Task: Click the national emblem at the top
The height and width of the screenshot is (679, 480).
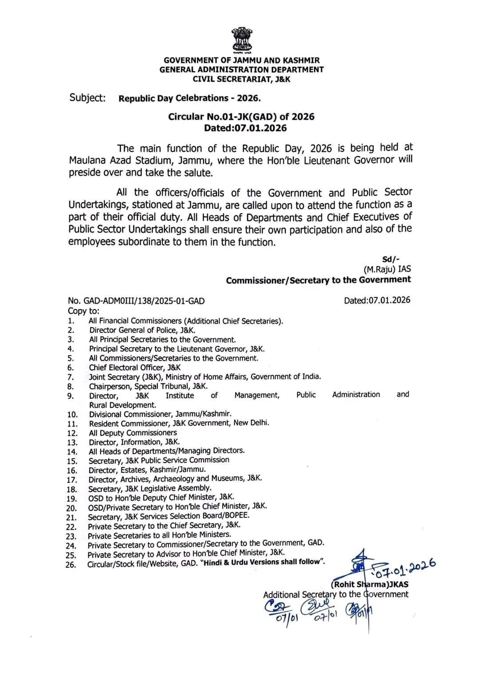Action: click(x=241, y=40)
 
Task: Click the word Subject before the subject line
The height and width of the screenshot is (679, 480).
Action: click(x=88, y=98)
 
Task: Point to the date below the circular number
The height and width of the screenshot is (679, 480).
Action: click(x=245, y=128)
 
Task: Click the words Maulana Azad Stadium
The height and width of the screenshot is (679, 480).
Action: click(x=120, y=161)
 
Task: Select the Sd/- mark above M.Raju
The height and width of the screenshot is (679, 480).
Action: click(x=391, y=260)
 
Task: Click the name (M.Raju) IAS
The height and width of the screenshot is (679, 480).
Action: click(x=387, y=269)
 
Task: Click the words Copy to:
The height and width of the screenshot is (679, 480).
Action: click(x=84, y=311)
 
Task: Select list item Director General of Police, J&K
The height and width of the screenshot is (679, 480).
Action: click(x=142, y=330)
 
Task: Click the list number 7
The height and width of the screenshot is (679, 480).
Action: click(x=71, y=377)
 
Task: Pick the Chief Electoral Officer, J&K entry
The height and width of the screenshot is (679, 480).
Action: click(x=135, y=367)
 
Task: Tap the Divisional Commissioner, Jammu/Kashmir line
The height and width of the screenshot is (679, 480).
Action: click(x=160, y=414)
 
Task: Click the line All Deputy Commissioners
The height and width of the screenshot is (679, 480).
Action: click(x=133, y=433)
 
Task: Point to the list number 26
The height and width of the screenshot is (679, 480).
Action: click(x=71, y=565)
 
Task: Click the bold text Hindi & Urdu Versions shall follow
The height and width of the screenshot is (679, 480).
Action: click(x=263, y=562)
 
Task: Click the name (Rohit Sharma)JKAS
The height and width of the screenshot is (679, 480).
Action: click(x=369, y=584)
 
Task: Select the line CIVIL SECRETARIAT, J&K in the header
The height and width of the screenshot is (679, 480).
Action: click(x=241, y=79)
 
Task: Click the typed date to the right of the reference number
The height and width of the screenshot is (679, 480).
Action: click(x=377, y=300)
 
